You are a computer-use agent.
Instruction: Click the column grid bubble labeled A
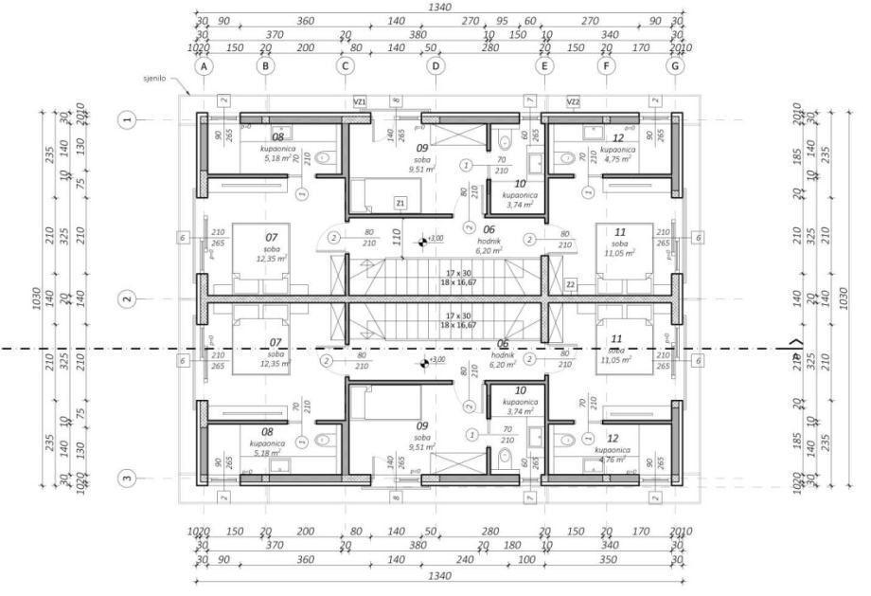pos(203,66)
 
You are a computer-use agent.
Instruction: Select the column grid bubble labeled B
pos(266,66)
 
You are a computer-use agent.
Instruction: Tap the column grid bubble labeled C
pos(346,66)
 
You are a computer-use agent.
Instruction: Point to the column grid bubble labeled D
pos(435,66)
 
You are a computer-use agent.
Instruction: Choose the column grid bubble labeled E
pos(544,66)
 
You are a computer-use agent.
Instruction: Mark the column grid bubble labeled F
pos(606,66)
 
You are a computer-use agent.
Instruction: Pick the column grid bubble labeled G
pos(675,66)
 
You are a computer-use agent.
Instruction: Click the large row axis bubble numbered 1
pos(128,119)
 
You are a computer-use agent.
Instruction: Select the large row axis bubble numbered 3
pos(128,478)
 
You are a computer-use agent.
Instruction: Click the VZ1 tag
pos(360,100)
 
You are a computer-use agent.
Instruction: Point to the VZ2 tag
pos(573,100)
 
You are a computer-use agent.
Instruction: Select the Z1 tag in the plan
pos(400,203)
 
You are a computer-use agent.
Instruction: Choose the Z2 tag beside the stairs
pos(571,283)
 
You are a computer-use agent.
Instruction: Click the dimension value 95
pos(502,19)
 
